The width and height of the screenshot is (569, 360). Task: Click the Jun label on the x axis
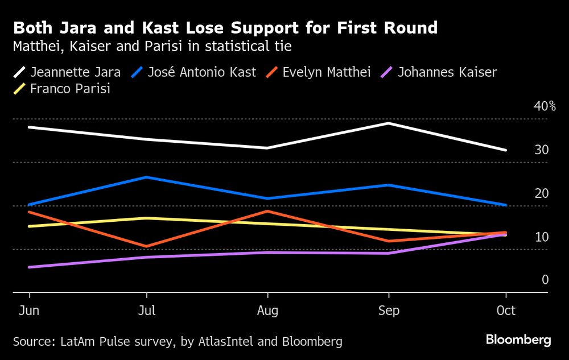pos(29,311)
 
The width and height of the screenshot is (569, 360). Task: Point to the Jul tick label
pos(147,311)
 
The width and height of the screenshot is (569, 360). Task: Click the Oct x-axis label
pos(506,311)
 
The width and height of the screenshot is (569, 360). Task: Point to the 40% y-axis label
pos(545,106)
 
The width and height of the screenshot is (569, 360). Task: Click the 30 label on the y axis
pos(542,150)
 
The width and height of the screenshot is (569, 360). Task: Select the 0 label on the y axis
pos(545,280)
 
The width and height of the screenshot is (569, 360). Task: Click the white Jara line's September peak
pos(389,123)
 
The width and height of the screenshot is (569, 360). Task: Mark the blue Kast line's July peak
pos(147,177)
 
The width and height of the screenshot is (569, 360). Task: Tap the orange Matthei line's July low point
pos(147,246)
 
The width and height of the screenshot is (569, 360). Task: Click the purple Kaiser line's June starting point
pos(29,267)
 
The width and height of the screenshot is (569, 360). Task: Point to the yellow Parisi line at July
pos(147,218)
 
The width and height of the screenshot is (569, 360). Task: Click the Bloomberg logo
pos(518,340)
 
